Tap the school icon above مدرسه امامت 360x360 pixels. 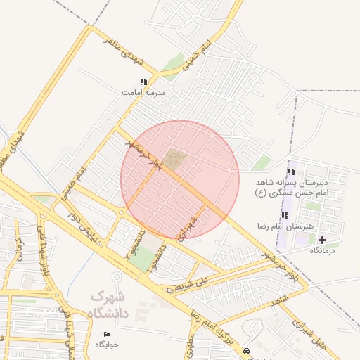pos(143,82)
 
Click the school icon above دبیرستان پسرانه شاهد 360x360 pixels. pos(290,172)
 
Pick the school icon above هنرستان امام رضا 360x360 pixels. pos(285,215)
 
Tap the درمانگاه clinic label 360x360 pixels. pos(323,250)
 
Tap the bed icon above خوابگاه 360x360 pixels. pos(107,334)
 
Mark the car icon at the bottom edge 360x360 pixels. pos(245,351)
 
